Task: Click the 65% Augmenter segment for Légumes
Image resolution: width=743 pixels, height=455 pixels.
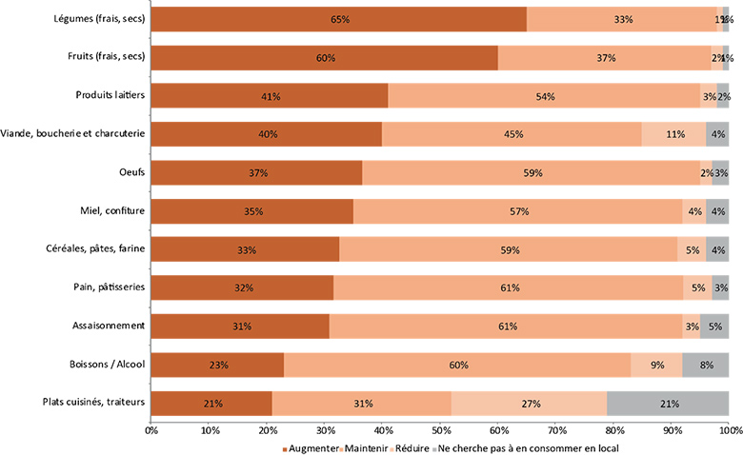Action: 339,19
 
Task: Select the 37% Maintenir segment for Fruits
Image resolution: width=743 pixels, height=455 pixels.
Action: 604,58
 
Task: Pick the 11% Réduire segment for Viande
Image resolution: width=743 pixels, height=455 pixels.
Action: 674,134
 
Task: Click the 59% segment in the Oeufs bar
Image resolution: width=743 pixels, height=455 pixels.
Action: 532,172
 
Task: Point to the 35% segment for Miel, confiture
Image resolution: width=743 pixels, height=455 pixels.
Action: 252,211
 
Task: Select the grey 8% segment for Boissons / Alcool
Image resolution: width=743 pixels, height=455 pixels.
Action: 706,365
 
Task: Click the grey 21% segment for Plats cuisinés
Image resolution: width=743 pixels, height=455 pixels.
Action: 668,404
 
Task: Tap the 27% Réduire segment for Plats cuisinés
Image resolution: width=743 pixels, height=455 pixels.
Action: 529,404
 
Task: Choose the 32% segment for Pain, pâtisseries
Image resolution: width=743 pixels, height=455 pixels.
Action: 243,287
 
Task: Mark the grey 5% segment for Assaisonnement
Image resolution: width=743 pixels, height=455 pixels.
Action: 714,326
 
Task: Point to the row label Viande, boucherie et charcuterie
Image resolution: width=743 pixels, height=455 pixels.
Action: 74,134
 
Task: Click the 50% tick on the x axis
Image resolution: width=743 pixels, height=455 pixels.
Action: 440,431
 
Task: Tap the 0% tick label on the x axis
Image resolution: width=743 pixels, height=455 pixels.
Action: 151,431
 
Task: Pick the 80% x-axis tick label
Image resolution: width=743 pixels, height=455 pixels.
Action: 613,431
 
